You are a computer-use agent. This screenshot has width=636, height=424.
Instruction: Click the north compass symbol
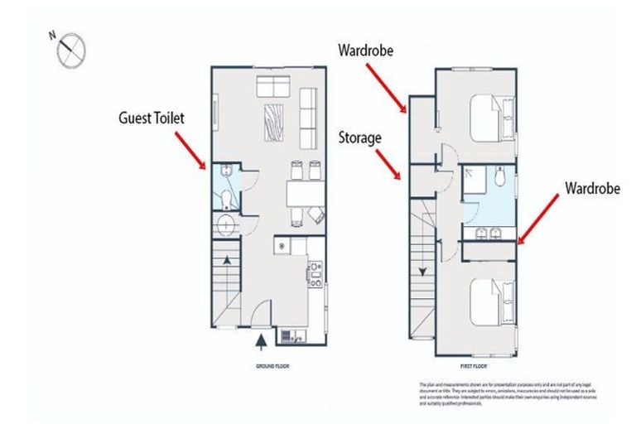[x=70, y=48]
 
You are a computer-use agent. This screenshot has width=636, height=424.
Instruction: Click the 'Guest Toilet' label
[x=150, y=119]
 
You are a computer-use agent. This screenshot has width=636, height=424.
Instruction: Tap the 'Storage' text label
[x=359, y=137]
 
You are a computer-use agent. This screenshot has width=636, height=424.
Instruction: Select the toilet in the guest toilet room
[x=226, y=198]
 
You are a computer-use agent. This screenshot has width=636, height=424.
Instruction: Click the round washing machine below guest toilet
[x=226, y=224]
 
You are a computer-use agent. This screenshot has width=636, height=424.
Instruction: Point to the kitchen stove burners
[x=315, y=272]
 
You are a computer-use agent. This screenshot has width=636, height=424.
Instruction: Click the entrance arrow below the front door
[x=262, y=340]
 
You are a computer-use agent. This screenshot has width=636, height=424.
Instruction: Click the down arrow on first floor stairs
[x=422, y=271]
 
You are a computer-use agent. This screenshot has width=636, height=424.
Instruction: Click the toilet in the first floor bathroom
[x=499, y=177]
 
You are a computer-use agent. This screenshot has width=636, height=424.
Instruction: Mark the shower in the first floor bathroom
[x=475, y=178]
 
